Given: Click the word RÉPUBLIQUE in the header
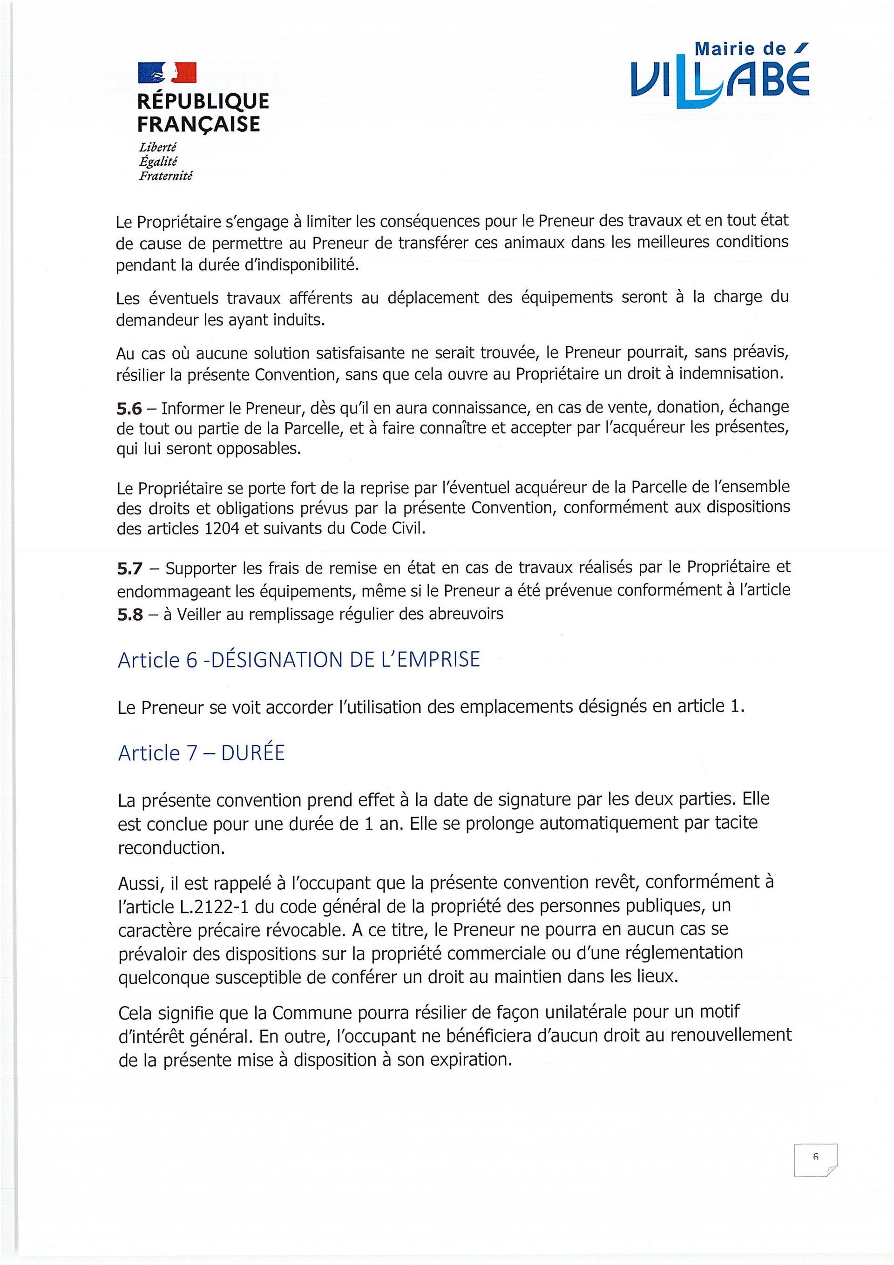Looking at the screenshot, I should pos(203,101).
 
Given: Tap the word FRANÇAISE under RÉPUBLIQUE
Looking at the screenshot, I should pos(198,123).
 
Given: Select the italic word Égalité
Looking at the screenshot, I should pos(158,162).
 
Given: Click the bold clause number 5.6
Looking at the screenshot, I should pos(129,408).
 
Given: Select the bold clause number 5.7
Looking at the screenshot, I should pos(129,568).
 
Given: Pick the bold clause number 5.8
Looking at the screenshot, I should pos(129,614).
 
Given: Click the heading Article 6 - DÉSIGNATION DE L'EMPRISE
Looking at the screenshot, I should pos(299,659).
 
